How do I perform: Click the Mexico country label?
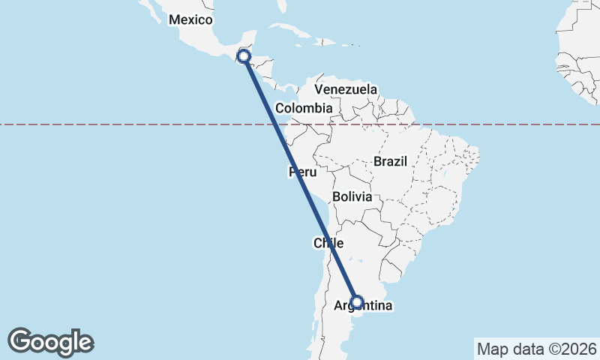190,20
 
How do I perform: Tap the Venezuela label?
346,89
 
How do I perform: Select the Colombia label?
303,109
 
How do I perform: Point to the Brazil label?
390,161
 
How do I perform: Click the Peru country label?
302,173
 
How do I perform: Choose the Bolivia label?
352,196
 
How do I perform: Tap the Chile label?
328,243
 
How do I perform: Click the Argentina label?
363,305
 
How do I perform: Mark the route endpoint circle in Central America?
244,55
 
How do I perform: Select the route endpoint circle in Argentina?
357,302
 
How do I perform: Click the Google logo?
50,341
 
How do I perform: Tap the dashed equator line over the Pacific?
112,124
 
